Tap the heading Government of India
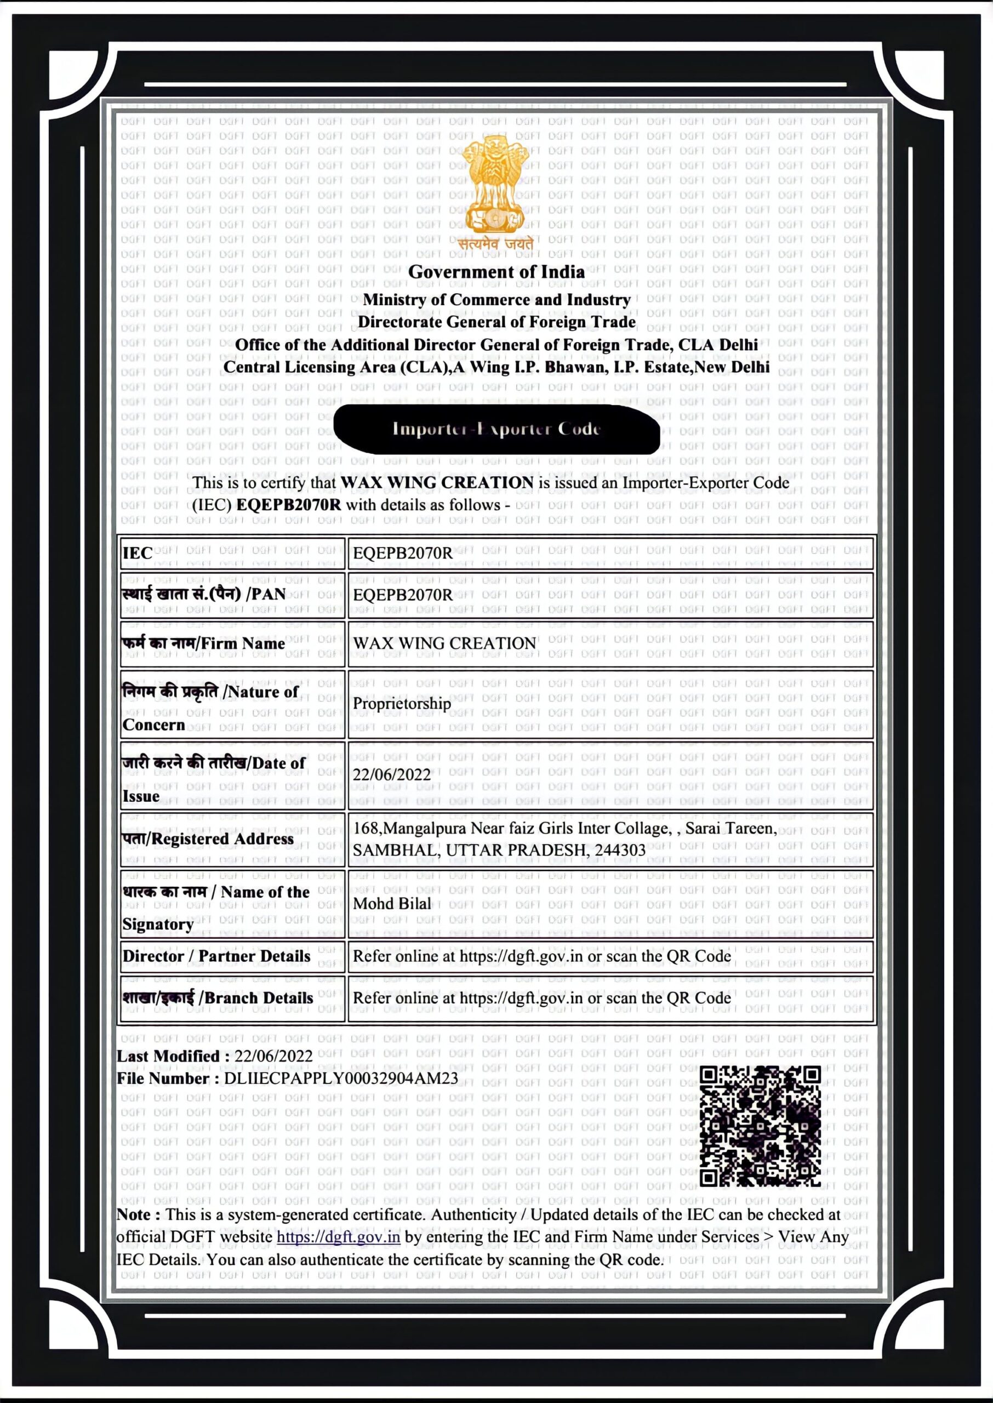(496, 272)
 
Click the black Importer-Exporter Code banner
(496, 429)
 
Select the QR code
(760, 1126)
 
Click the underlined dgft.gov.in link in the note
(338, 1237)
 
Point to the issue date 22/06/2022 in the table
(392, 775)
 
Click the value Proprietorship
(402, 704)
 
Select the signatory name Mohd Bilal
(392, 904)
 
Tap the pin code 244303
(620, 851)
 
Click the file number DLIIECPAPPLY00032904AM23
(340, 1079)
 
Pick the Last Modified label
(173, 1057)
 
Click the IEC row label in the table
(138, 553)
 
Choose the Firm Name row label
(204, 644)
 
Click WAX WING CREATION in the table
(444, 644)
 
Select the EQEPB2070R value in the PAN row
(403, 595)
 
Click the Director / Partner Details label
(216, 956)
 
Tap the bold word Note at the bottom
(138, 1214)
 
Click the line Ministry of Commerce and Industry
(496, 300)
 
